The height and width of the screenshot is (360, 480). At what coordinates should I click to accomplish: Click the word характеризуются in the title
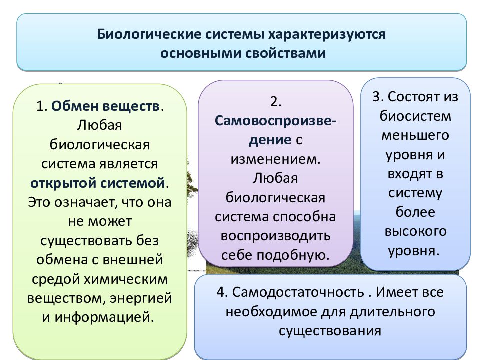click(x=327, y=35)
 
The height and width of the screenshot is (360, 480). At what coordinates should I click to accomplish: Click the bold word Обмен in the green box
click(x=75, y=106)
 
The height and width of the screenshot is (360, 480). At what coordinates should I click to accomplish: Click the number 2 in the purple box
click(x=276, y=102)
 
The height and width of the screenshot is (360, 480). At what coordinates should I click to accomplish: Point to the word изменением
click(x=275, y=159)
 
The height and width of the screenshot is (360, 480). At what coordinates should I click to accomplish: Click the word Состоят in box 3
click(x=409, y=97)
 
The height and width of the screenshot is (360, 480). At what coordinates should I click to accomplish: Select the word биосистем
click(x=415, y=116)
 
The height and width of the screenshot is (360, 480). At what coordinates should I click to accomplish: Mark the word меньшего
click(x=415, y=136)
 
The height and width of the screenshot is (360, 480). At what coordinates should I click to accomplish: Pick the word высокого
click(x=415, y=231)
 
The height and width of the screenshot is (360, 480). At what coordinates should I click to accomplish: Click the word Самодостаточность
click(x=298, y=292)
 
